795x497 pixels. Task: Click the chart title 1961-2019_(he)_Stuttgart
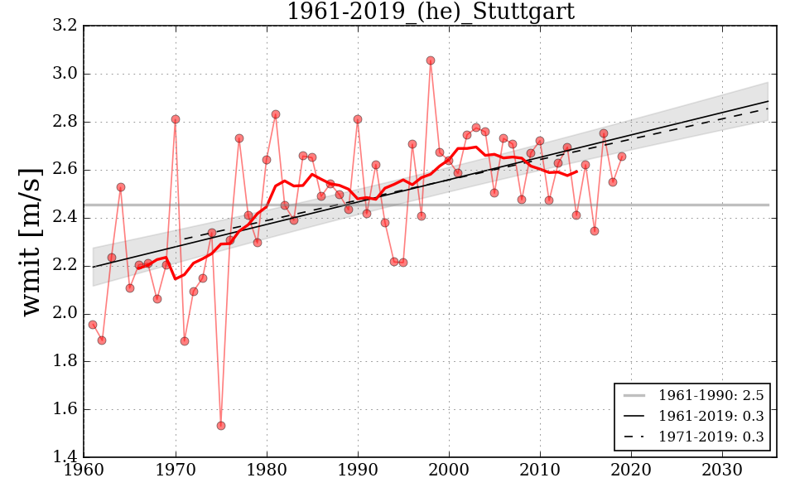tap(430, 12)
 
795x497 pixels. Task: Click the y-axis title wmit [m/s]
tap(31, 241)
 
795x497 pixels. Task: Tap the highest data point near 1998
tap(431, 60)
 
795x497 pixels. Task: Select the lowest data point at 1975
tap(221, 426)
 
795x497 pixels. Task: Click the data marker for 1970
tap(176, 119)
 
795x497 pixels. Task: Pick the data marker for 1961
tap(93, 325)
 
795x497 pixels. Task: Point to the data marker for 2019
tap(622, 157)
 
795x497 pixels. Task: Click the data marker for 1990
tap(358, 119)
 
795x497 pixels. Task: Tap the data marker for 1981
tap(276, 114)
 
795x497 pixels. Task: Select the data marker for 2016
tap(595, 231)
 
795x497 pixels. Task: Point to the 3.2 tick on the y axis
tap(67, 27)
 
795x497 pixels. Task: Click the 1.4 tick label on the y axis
tap(67, 457)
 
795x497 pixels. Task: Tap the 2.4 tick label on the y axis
tap(67, 218)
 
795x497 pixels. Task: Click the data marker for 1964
tap(121, 187)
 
